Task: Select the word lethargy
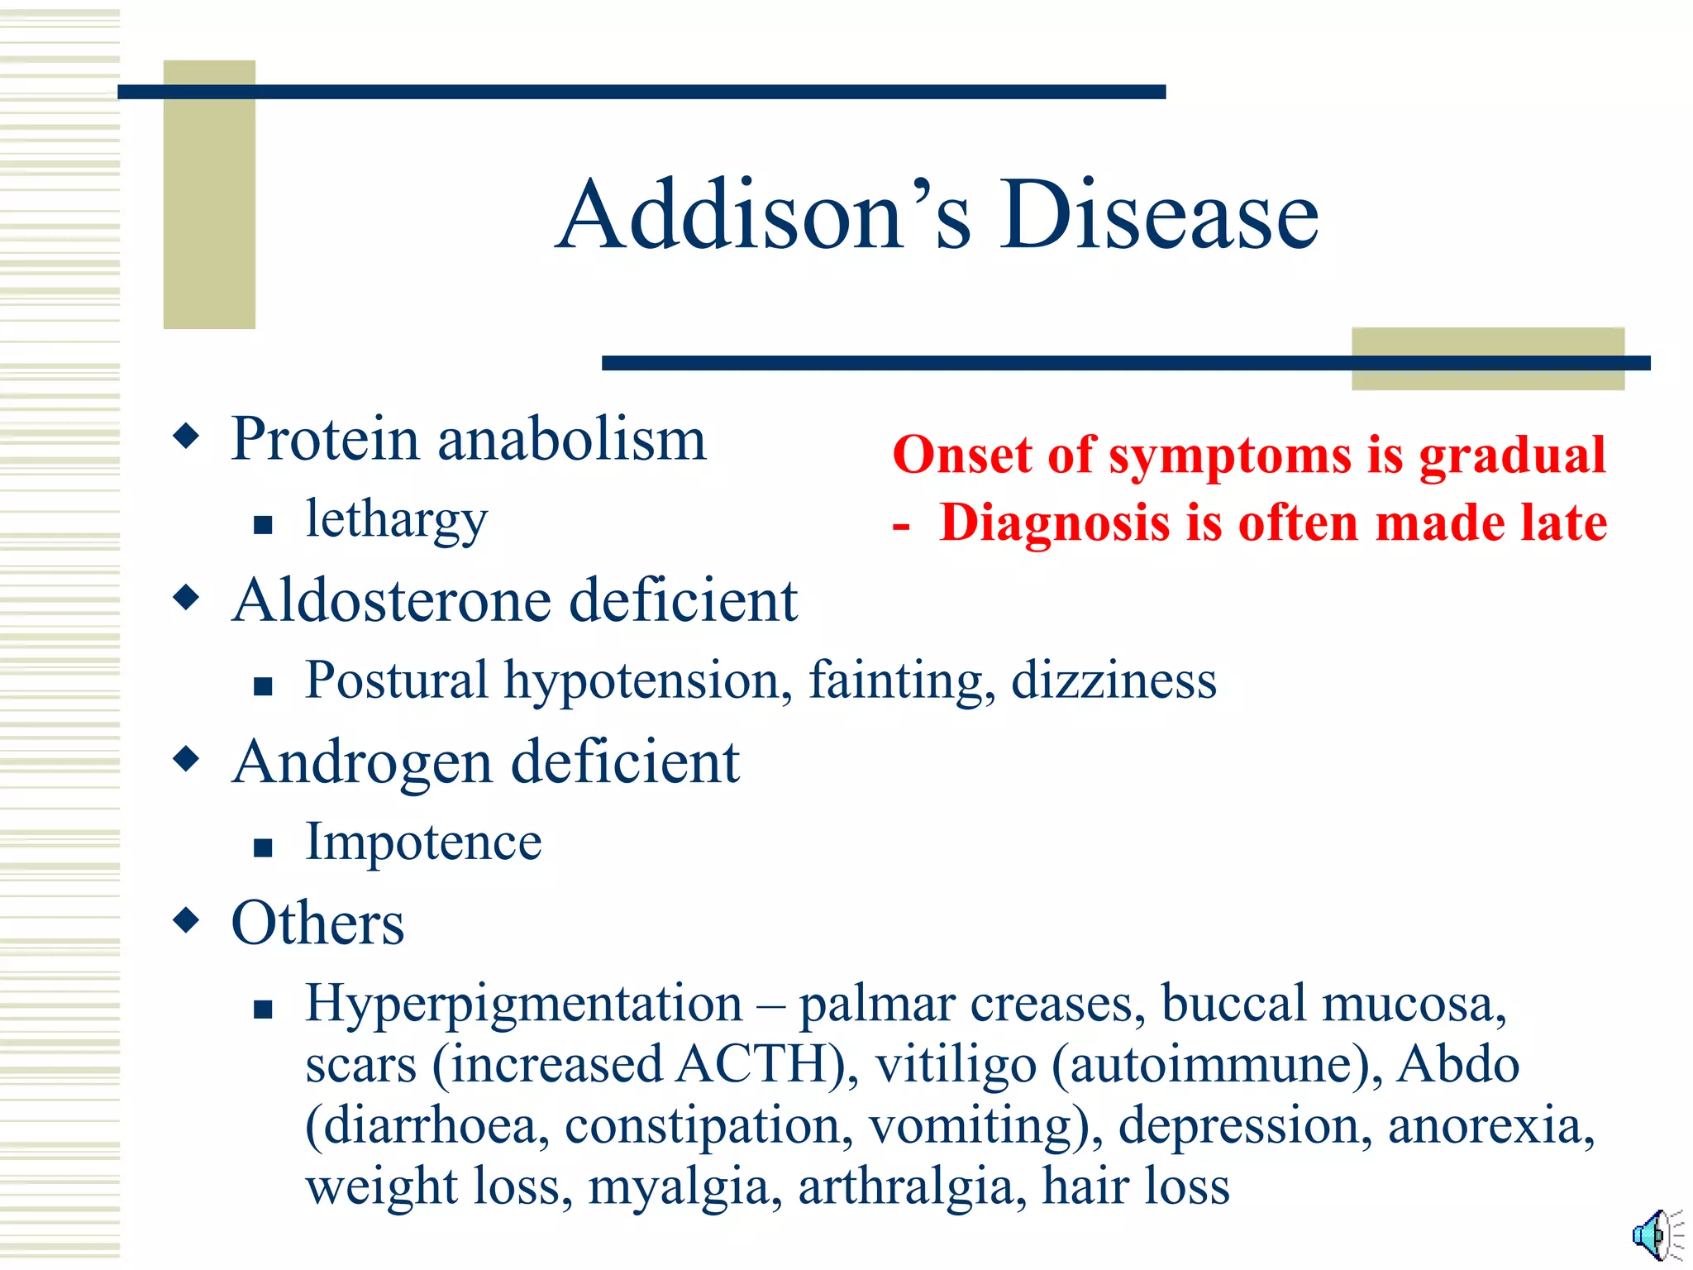[397, 521]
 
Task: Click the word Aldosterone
[392, 600]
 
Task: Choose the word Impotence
[423, 842]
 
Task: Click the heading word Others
[317, 923]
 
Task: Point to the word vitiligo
[956, 1064]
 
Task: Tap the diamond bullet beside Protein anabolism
[187, 436]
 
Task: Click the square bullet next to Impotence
[263, 847]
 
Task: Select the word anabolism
[572, 439]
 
